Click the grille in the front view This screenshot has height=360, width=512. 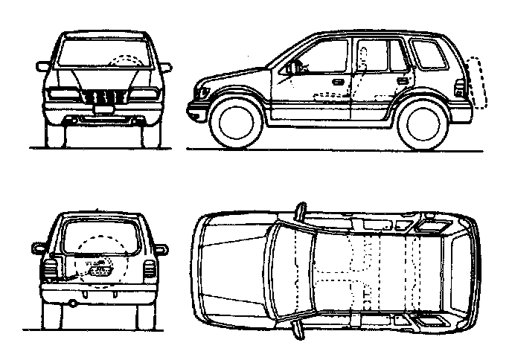tap(102, 97)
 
